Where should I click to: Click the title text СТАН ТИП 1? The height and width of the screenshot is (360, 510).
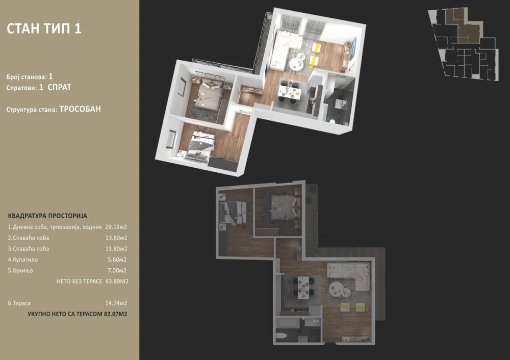pos(44,29)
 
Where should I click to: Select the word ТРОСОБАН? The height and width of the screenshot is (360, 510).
pos(84,109)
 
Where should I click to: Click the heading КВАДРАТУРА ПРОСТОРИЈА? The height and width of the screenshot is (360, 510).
pos(47,216)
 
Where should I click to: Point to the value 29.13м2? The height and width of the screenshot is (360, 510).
pos(116,227)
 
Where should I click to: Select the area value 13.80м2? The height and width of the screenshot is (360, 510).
pos(116,238)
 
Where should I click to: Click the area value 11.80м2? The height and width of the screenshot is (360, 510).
pos(116,249)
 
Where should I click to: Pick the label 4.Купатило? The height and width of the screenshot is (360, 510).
pos(23,260)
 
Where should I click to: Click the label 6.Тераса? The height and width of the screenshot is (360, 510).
pos(20,303)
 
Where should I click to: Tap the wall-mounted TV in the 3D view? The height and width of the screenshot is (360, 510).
pos(353,47)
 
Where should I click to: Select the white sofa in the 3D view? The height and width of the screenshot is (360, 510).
pos(280,48)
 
